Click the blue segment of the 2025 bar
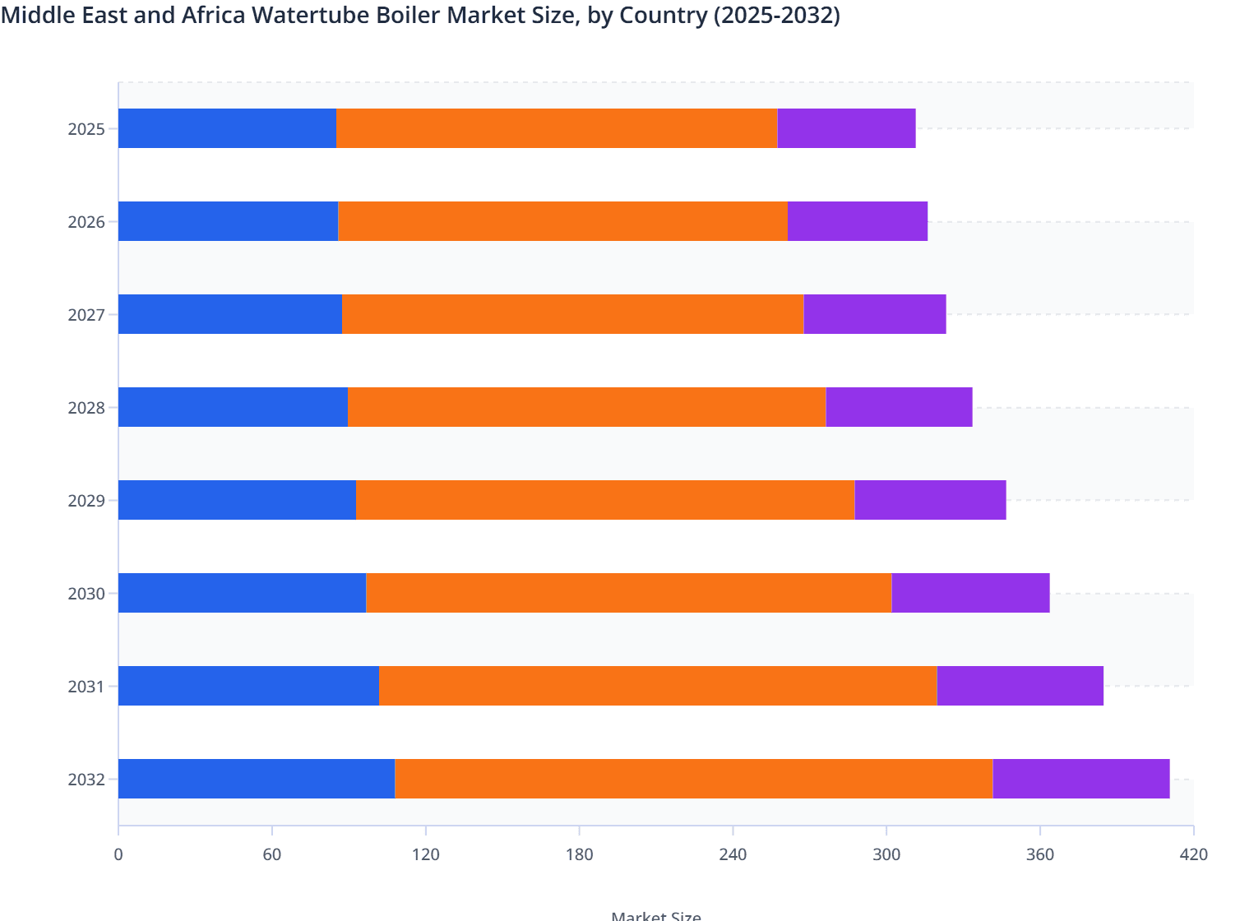(227, 128)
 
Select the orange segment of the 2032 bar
(693, 779)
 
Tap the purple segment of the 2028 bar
(899, 407)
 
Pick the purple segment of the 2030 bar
(970, 593)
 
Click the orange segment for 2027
(572, 314)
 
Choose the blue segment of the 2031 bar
(248, 686)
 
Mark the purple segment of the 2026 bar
(857, 221)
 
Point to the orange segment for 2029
(605, 500)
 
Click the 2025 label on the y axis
(86, 129)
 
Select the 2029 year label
(86, 501)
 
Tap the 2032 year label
(86, 780)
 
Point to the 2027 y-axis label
(86, 315)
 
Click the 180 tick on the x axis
(579, 854)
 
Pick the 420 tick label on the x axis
(1193, 854)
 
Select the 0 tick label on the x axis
(118, 854)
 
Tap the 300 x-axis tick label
(886, 854)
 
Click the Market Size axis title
(656, 915)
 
